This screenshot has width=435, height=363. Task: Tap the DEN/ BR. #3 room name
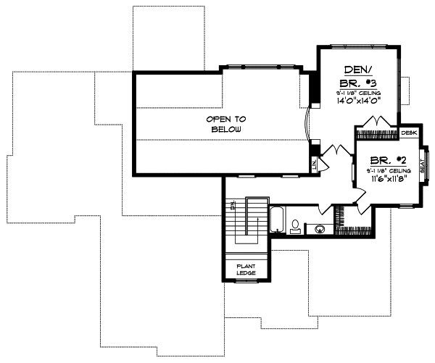[x=356, y=75]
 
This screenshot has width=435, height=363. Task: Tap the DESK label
[x=409, y=133]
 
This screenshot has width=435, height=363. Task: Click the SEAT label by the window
[x=423, y=170]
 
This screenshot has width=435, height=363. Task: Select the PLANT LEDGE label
[x=246, y=269]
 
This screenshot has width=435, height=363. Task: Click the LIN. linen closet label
[x=314, y=164]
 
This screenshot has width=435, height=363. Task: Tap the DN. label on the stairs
[x=233, y=207]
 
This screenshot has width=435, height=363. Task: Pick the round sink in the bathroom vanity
[x=319, y=228]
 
